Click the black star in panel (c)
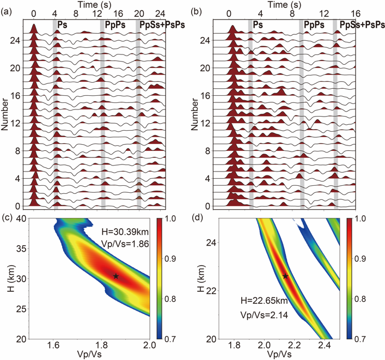[116, 276]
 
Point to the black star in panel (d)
[285, 277]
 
